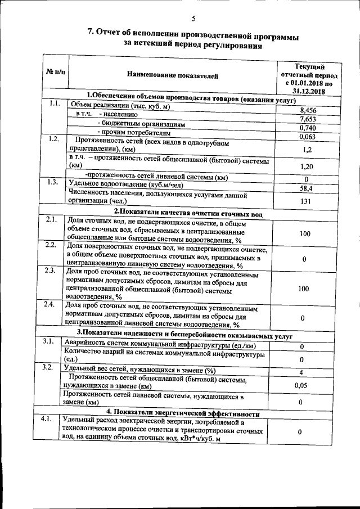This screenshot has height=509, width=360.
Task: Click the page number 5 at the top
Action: (x=193, y=19)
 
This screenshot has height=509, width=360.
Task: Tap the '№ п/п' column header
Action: (x=55, y=73)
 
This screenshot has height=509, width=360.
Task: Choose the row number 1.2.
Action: (x=53, y=139)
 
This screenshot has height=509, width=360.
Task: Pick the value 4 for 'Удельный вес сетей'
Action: (x=303, y=372)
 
